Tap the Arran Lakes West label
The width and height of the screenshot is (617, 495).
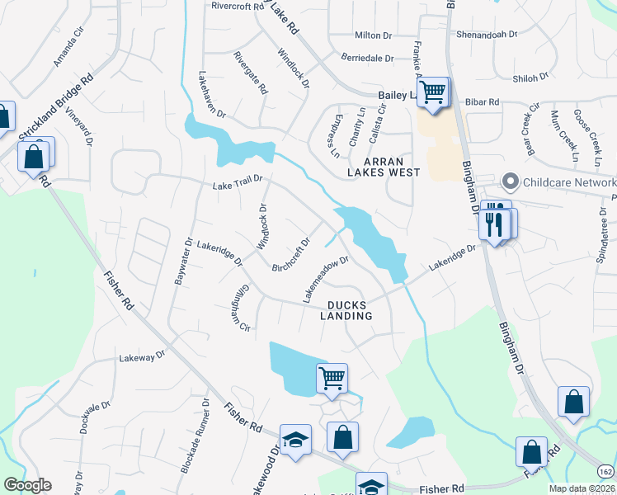[382, 166]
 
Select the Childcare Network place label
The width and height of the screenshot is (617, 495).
[561, 181]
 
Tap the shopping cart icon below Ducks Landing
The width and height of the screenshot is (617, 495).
[332, 378]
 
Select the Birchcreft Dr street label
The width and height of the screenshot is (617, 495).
[290, 255]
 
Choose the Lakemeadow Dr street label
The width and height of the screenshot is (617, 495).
[327, 278]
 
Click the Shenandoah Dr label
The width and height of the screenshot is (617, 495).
[488, 35]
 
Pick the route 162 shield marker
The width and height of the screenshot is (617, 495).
[606, 471]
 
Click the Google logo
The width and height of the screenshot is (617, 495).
[27, 485]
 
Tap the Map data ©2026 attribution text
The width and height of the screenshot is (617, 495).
[581, 488]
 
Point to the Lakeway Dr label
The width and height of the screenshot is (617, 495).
[142, 357]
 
